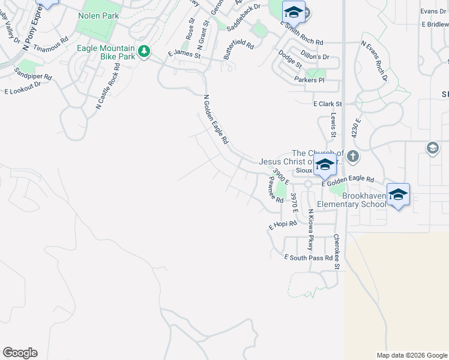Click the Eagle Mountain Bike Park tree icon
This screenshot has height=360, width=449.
(x=143, y=52)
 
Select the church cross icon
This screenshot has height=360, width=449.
(x=352, y=157)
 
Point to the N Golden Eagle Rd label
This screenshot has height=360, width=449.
(x=216, y=119)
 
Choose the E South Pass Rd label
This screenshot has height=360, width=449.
(x=308, y=257)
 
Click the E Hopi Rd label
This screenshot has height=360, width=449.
(x=282, y=225)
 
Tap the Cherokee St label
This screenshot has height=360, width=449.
(x=337, y=251)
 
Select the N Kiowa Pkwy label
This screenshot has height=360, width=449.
(x=311, y=230)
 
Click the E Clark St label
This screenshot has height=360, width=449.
(x=327, y=104)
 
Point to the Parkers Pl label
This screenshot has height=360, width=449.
(x=309, y=80)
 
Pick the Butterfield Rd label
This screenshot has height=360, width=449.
(x=238, y=46)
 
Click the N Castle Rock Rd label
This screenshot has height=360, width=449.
(x=107, y=86)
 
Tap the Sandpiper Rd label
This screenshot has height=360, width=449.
(x=34, y=77)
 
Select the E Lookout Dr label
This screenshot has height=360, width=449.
(x=22, y=88)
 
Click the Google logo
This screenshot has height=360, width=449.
(x=20, y=353)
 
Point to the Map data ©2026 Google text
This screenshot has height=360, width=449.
(x=411, y=355)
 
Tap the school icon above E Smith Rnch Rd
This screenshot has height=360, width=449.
(x=294, y=12)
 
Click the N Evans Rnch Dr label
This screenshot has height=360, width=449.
(x=375, y=61)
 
